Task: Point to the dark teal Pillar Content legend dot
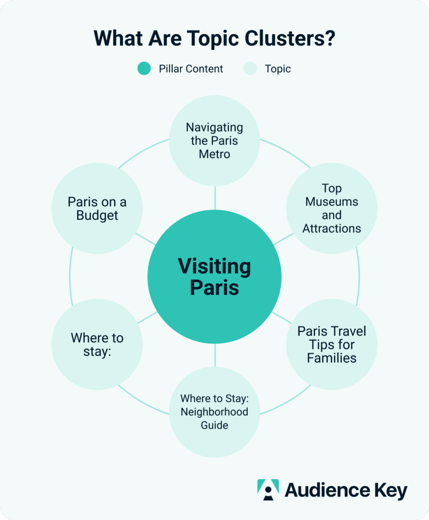(x=144, y=69)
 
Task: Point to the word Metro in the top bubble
(x=214, y=154)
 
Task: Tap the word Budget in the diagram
(x=97, y=215)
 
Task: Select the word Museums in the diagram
(x=332, y=202)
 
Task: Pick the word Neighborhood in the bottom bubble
(x=214, y=411)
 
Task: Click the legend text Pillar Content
(x=191, y=69)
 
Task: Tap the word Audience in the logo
(x=325, y=491)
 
